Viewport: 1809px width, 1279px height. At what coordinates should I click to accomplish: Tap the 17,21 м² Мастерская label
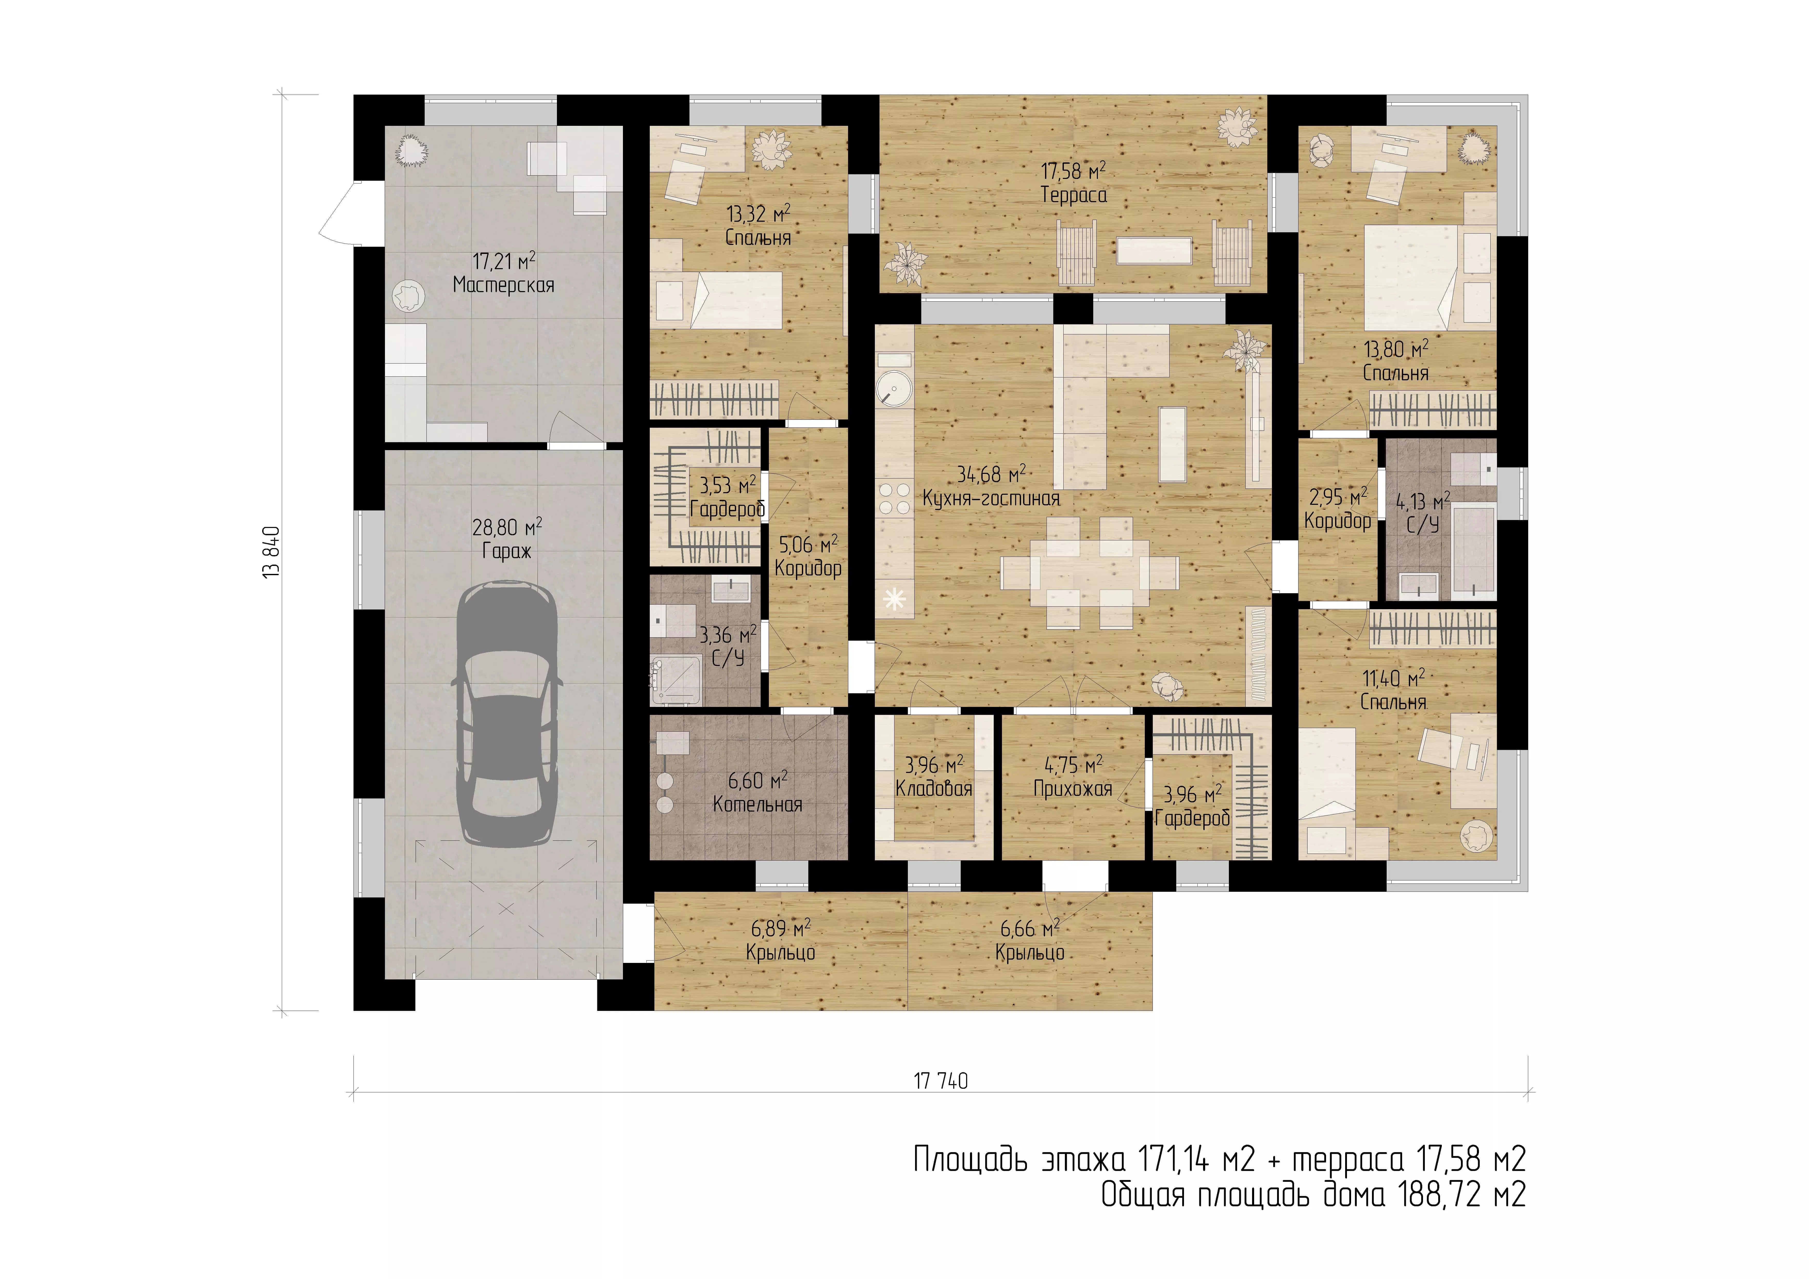pyautogui.click(x=504, y=273)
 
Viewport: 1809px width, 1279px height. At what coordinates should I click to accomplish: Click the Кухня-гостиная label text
pyautogui.click(x=991, y=498)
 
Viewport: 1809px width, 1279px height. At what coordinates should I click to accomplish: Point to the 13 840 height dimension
pyautogui.click(x=272, y=552)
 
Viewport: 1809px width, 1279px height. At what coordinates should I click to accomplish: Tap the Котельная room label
pyautogui.click(x=757, y=805)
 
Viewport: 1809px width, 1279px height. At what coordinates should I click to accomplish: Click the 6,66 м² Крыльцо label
pyautogui.click(x=1030, y=940)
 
